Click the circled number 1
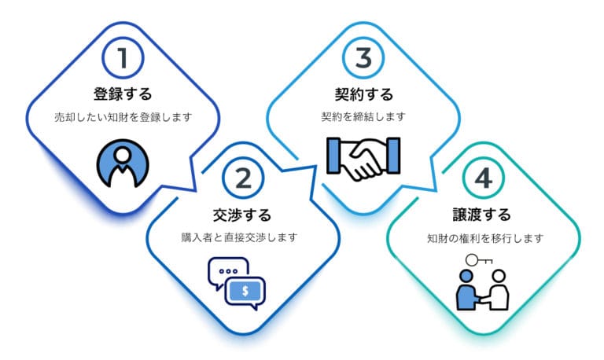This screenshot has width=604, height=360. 123,58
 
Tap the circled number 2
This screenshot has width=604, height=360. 243,178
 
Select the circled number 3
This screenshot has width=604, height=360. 363,58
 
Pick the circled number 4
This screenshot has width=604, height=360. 484,178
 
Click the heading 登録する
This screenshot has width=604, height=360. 123,94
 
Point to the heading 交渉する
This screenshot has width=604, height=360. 242,215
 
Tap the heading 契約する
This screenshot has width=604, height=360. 364,94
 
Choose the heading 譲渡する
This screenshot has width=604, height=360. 482,215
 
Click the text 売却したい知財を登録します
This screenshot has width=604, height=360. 123,117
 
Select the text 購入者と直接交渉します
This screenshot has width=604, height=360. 240,237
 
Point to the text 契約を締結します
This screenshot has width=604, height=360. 363,116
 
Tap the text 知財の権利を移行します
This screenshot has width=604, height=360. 485,238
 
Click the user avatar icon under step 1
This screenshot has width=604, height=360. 123,163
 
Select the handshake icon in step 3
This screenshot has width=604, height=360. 363,158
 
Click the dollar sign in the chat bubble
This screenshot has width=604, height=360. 245,291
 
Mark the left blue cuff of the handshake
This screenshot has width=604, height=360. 333,156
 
